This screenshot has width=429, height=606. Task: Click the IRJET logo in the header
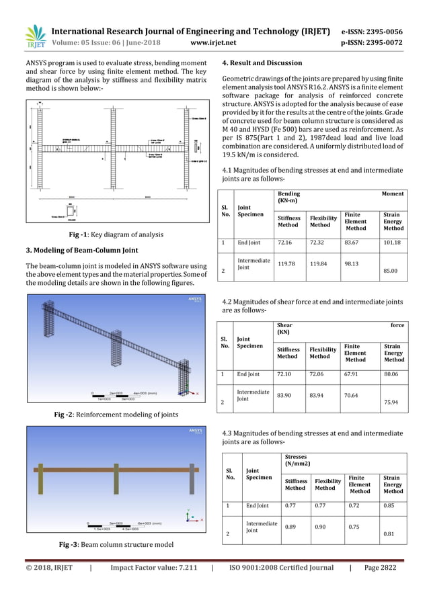(x=35, y=37)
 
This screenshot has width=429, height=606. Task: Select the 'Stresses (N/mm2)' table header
(x=299, y=460)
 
